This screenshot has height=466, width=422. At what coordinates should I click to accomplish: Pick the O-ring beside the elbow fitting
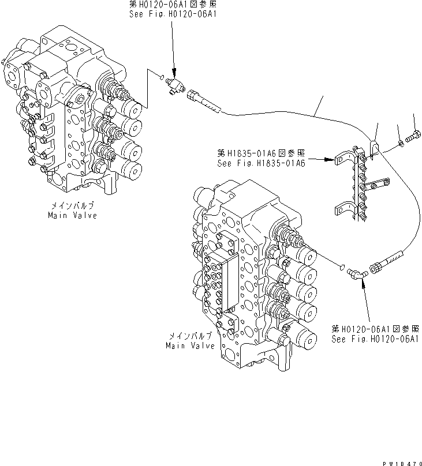[x=343, y=267]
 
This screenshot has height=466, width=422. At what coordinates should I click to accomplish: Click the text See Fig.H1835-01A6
[x=261, y=163]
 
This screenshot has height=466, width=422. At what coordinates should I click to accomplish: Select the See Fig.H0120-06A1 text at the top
[x=173, y=14]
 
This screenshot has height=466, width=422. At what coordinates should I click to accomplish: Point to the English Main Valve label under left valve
[x=72, y=215]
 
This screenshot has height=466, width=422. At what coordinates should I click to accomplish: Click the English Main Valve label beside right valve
[x=189, y=345]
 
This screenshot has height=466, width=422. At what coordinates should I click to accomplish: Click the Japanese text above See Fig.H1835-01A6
[x=261, y=153]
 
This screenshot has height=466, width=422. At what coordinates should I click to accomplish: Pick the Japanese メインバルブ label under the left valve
[x=73, y=206]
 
